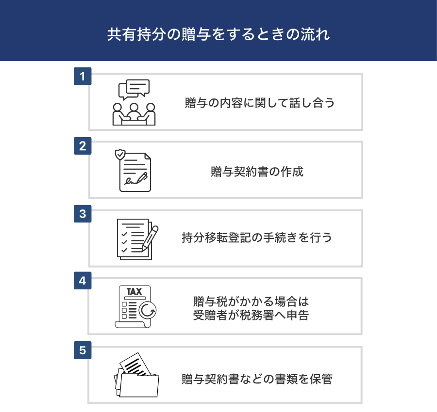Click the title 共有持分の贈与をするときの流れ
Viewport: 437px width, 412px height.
click(218, 34)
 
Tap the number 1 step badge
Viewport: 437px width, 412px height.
click(83, 76)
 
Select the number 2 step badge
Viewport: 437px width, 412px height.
click(83, 146)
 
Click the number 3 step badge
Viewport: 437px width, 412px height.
click(83, 214)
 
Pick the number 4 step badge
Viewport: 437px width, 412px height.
click(83, 281)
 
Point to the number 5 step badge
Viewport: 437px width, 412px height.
click(83, 350)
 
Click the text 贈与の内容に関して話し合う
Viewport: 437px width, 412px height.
click(260, 103)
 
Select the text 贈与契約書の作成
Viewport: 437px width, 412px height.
click(257, 172)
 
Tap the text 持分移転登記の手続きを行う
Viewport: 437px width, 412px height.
click(257, 238)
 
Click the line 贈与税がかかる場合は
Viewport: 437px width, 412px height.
click(251, 301)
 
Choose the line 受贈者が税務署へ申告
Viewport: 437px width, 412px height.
click(251, 315)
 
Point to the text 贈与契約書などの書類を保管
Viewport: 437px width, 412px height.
click(257, 379)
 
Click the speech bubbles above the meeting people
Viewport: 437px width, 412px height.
click(134, 89)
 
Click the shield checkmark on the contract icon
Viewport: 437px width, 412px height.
click(120, 155)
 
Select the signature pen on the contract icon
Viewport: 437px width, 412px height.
click(142, 178)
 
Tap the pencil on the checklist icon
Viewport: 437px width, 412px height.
click(150, 238)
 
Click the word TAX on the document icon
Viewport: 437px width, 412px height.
click(134, 291)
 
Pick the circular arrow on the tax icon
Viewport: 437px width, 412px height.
click(148, 310)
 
